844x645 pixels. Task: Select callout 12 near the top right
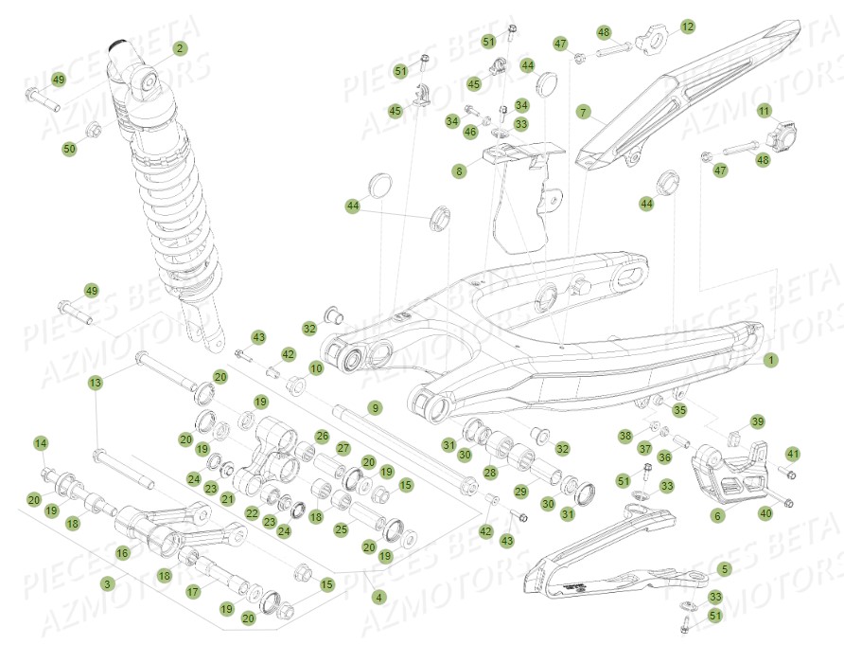point(688,27)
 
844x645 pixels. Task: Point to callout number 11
point(764,112)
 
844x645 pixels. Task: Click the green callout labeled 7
point(584,112)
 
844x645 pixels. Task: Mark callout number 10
point(316,367)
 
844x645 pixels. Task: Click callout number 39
point(757,421)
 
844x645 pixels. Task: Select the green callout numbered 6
point(716,516)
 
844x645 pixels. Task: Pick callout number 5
point(724,570)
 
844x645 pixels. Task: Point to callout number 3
point(108,584)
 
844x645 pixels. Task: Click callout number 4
point(378,597)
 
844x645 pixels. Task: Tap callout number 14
point(40,443)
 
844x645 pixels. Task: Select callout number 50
point(69,149)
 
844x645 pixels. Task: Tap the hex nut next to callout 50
point(94,129)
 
